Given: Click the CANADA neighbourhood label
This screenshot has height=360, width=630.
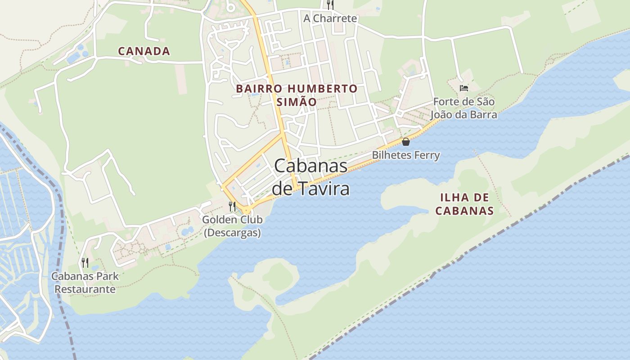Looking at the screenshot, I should click(x=144, y=51).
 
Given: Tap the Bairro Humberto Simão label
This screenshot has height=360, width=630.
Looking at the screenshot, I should click(x=297, y=95).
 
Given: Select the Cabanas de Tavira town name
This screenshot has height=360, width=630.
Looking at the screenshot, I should click(x=311, y=177).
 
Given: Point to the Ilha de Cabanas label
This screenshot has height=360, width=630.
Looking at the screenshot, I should click(x=465, y=204).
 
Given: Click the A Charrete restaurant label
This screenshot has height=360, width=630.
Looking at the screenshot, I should click(x=330, y=18).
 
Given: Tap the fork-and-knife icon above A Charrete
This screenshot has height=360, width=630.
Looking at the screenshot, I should click(x=330, y=5).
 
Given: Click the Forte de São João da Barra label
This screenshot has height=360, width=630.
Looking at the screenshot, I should click(x=464, y=108).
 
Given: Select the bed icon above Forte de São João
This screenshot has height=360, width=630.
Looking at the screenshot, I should click(x=464, y=88).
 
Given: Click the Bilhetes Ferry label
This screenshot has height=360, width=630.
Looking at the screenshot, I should click(x=406, y=155).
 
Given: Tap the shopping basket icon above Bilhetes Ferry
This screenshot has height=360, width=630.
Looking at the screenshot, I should click(x=406, y=142).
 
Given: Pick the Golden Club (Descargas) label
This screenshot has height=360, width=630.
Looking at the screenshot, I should click(x=232, y=226).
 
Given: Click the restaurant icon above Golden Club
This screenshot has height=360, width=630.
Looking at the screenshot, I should click(x=232, y=207).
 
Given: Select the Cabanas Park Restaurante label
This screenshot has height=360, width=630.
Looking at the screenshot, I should click(x=85, y=283).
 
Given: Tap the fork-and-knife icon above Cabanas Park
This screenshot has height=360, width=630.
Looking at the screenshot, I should click(x=85, y=262).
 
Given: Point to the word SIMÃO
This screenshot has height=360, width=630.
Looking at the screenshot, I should click(x=297, y=102).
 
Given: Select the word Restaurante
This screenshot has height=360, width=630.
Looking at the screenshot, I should click(x=85, y=289).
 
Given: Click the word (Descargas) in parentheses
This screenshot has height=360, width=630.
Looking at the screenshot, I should click(x=232, y=233).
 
